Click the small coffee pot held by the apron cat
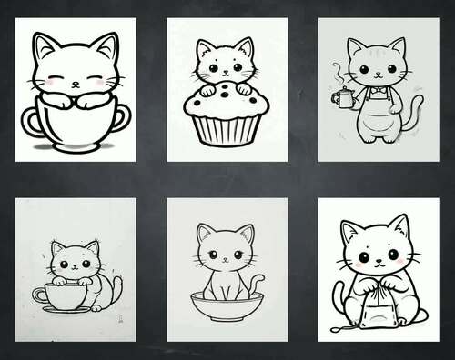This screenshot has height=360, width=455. pyautogui.click(x=339, y=95)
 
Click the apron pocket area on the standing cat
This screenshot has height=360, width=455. pyautogui.click(x=376, y=116)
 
